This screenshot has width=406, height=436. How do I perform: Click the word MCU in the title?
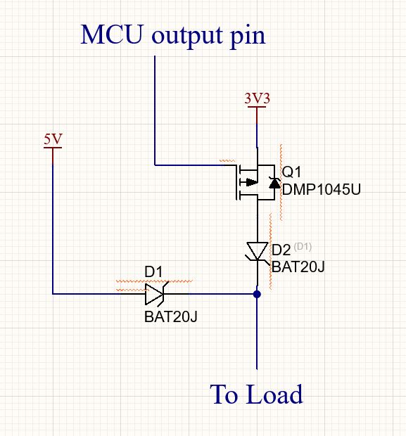[x=112, y=34]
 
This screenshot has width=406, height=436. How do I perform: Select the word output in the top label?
[x=187, y=36]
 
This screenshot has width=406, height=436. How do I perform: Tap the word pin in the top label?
[x=248, y=36]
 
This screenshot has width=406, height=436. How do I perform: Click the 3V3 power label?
[x=257, y=98]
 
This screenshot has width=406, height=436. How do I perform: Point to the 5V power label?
[x=53, y=139]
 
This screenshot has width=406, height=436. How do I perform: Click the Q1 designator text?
[x=291, y=172]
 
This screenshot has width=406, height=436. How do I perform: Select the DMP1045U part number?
[x=322, y=189]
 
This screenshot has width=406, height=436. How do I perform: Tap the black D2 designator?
[x=281, y=250]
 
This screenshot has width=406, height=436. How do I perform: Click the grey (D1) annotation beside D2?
[x=303, y=246]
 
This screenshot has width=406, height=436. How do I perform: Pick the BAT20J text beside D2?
[x=298, y=267]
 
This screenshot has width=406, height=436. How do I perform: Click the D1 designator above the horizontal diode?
[x=153, y=271]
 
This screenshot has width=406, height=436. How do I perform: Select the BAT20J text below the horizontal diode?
[x=171, y=316]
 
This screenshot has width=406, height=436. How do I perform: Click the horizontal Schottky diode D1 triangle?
[x=155, y=294]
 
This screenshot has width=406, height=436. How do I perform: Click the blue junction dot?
[x=257, y=294]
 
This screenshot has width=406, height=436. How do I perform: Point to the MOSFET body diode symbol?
[x=274, y=183]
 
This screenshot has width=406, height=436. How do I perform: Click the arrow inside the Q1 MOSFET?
[x=249, y=182]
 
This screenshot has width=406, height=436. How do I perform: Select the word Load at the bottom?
[x=274, y=394]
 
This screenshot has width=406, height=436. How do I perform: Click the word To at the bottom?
[x=224, y=394]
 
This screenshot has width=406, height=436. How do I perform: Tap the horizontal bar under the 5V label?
[x=53, y=148]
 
